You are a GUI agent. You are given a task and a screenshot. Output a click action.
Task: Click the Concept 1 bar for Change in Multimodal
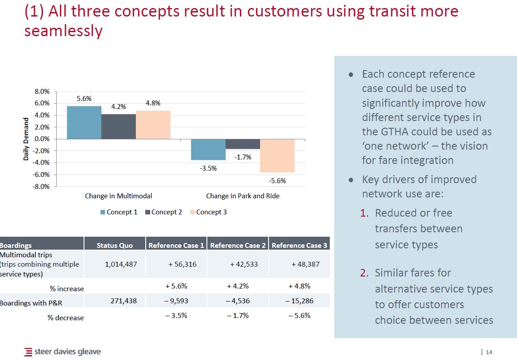[84, 122]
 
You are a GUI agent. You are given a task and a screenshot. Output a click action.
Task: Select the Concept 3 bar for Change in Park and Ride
[277, 155]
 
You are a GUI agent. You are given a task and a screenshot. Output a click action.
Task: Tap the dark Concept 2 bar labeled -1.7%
[243, 144]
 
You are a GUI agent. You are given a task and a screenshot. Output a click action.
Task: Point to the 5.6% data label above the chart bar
[84, 99]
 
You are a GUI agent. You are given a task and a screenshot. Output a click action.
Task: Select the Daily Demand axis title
[26, 139]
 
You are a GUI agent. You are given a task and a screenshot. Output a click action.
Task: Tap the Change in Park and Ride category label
[243, 196]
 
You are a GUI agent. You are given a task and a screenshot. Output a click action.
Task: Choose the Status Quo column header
[114, 245]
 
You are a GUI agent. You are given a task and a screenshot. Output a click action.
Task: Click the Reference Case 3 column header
[299, 245]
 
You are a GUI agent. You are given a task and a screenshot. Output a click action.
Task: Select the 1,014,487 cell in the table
[121, 264]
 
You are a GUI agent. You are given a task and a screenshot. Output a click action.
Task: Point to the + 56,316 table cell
[182, 264]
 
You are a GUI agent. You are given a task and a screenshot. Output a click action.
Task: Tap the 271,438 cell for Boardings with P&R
[124, 301]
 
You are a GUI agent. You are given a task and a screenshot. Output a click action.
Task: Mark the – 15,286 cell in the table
[299, 301]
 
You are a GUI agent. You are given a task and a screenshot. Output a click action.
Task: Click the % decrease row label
[66, 318]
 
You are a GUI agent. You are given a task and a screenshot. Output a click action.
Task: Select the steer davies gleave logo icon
[29, 352]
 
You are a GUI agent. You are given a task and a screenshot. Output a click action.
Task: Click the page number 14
[489, 352]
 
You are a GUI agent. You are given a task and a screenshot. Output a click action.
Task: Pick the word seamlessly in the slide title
[63, 31]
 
